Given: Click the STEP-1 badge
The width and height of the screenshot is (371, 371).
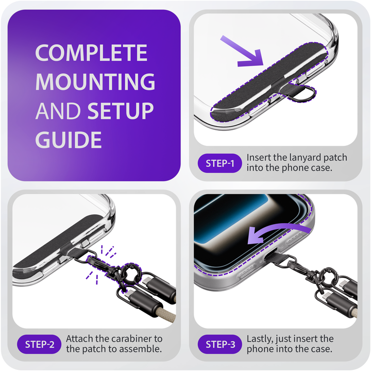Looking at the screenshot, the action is pyautogui.click(x=220, y=163).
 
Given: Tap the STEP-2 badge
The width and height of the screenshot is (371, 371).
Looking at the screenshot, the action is pyautogui.click(x=39, y=344).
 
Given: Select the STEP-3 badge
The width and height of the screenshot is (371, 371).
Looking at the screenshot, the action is pyautogui.click(x=220, y=344).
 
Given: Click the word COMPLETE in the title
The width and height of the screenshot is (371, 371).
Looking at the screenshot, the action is pyautogui.click(x=91, y=53).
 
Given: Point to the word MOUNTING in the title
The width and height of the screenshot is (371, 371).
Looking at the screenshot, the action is pyautogui.click(x=95, y=81).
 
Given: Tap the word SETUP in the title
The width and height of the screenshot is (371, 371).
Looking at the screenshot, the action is pyautogui.click(x=121, y=110).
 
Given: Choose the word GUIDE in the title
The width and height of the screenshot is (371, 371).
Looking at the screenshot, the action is pyautogui.click(x=69, y=139).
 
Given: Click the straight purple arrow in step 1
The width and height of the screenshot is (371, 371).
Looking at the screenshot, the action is pyautogui.click(x=242, y=51).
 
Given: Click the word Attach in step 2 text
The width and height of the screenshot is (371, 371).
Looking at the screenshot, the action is pyautogui.click(x=79, y=339).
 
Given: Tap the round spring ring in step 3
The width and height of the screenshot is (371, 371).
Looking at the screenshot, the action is pyautogui.click(x=327, y=276).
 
